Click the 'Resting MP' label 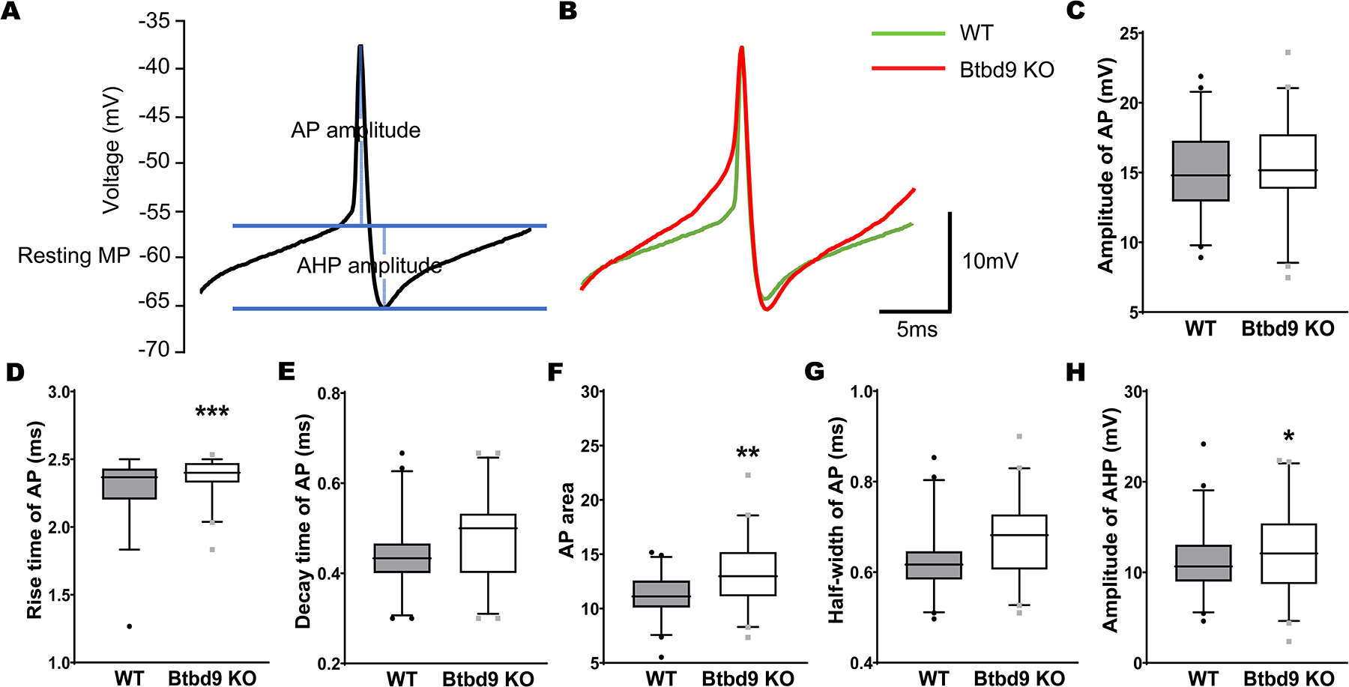click(x=73, y=255)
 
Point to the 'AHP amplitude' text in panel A click(x=369, y=266)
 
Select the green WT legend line click(x=908, y=34)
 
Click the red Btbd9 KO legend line click(x=908, y=69)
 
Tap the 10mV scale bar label click(x=990, y=261)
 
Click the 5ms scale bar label click(x=917, y=330)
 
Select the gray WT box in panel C click(x=1200, y=171)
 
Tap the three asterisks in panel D click(x=212, y=412)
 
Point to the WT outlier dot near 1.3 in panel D click(x=130, y=626)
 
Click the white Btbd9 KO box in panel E click(x=488, y=543)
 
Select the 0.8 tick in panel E click(x=330, y=393)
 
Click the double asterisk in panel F click(x=748, y=453)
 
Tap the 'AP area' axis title click(x=567, y=519)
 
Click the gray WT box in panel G click(x=933, y=565)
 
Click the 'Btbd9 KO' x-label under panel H click(x=1288, y=679)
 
